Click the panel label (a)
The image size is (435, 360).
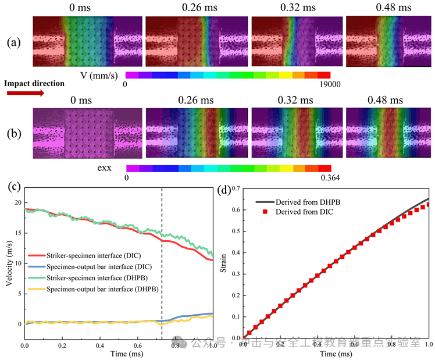pyautogui.click(x=14, y=43)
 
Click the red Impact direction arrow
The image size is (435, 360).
pyautogui.click(x=24, y=94)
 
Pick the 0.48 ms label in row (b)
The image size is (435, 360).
pyautogui.click(x=385, y=100)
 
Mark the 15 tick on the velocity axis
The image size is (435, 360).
pyautogui.click(x=17, y=233)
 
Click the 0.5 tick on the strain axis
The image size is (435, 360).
pyautogui.click(x=236, y=231)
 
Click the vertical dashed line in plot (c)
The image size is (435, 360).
pyautogui.click(x=161, y=262)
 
